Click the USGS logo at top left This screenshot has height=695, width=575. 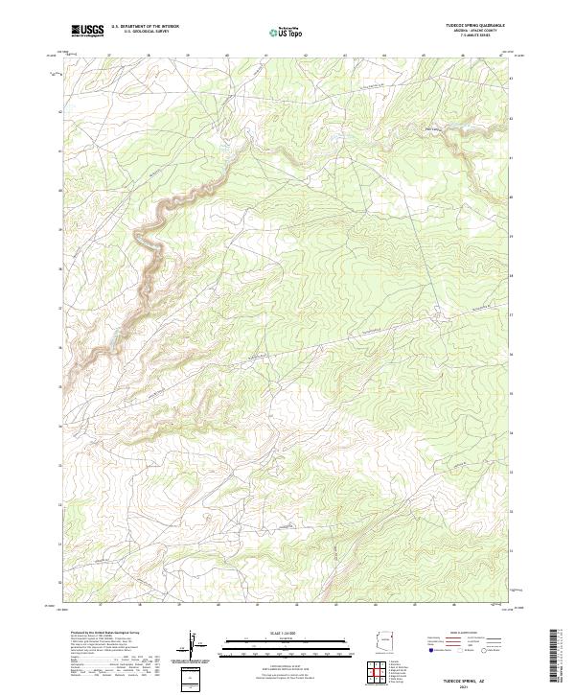tap(87, 31)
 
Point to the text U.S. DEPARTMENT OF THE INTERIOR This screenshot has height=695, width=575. tap(145, 27)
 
